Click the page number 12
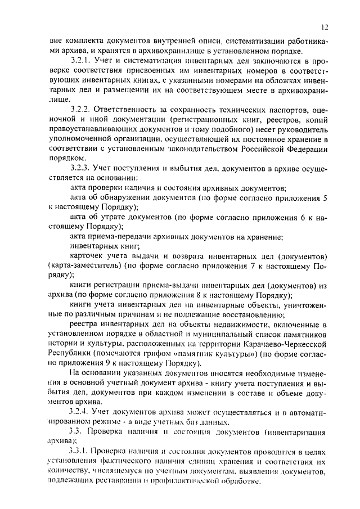coord(325,26)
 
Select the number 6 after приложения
coord(300,217)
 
